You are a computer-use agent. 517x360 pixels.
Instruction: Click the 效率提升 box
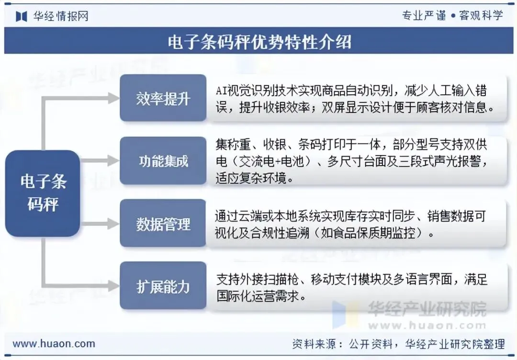pos(163,98)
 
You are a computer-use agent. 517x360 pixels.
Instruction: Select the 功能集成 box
pos(163,161)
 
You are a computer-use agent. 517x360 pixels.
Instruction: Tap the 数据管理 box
pos(163,224)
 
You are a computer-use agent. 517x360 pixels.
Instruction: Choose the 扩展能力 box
pos(163,286)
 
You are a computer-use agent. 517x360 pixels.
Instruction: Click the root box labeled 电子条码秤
pos(43,193)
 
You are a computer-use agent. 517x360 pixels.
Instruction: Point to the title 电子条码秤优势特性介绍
pos(259,42)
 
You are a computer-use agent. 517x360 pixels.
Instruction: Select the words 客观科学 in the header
pos(481,16)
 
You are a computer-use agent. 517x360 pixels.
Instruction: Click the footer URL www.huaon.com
pos(54,343)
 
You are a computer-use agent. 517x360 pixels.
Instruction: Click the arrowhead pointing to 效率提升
pos(113,98)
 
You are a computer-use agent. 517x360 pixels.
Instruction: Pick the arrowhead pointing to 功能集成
pos(113,161)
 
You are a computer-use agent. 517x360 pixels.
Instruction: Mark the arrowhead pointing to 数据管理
pos(113,224)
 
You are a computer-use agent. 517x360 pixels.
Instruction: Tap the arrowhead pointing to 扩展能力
pos(113,286)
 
